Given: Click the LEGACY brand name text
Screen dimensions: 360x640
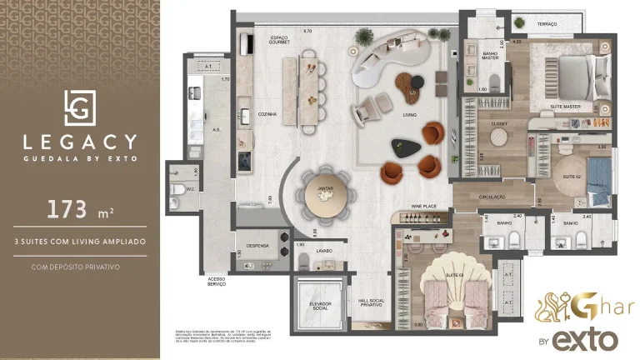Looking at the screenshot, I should coord(81,142).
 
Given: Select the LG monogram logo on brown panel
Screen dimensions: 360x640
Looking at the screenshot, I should coord(81,107).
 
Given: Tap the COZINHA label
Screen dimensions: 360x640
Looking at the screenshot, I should coord(267,114).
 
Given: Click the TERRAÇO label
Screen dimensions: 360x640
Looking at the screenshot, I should coord(547,24).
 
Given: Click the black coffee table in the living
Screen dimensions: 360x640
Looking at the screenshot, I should coord(405,147).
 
